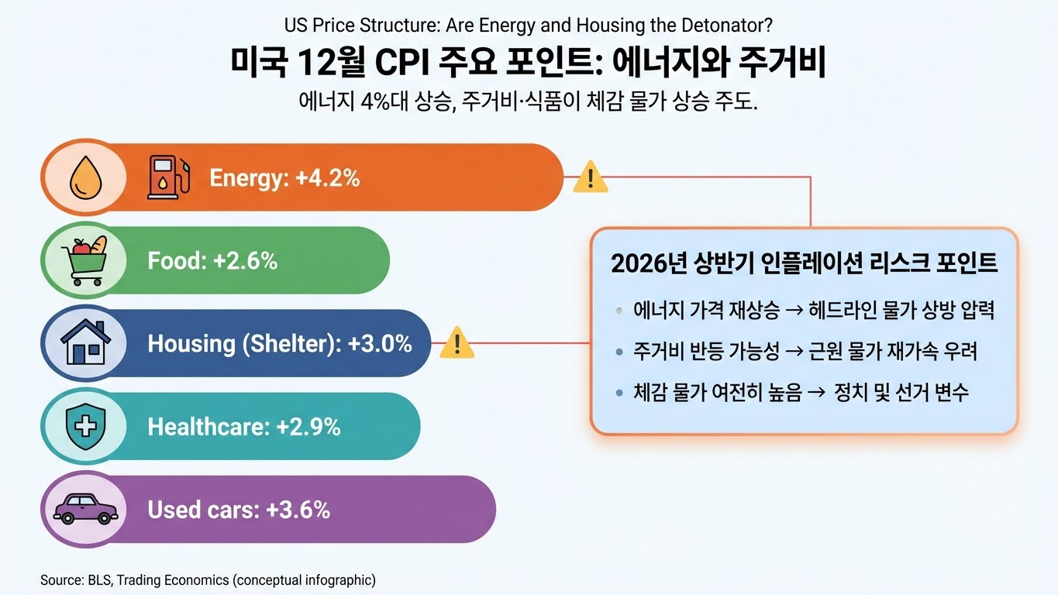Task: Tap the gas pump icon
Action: [167, 177]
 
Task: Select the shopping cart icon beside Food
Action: [84, 260]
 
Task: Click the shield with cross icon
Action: [84, 426]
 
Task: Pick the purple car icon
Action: [84, 509]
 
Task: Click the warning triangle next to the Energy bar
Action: [591, 177]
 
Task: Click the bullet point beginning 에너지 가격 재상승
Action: [813, 311]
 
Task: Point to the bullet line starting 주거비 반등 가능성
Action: [805, 352]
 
